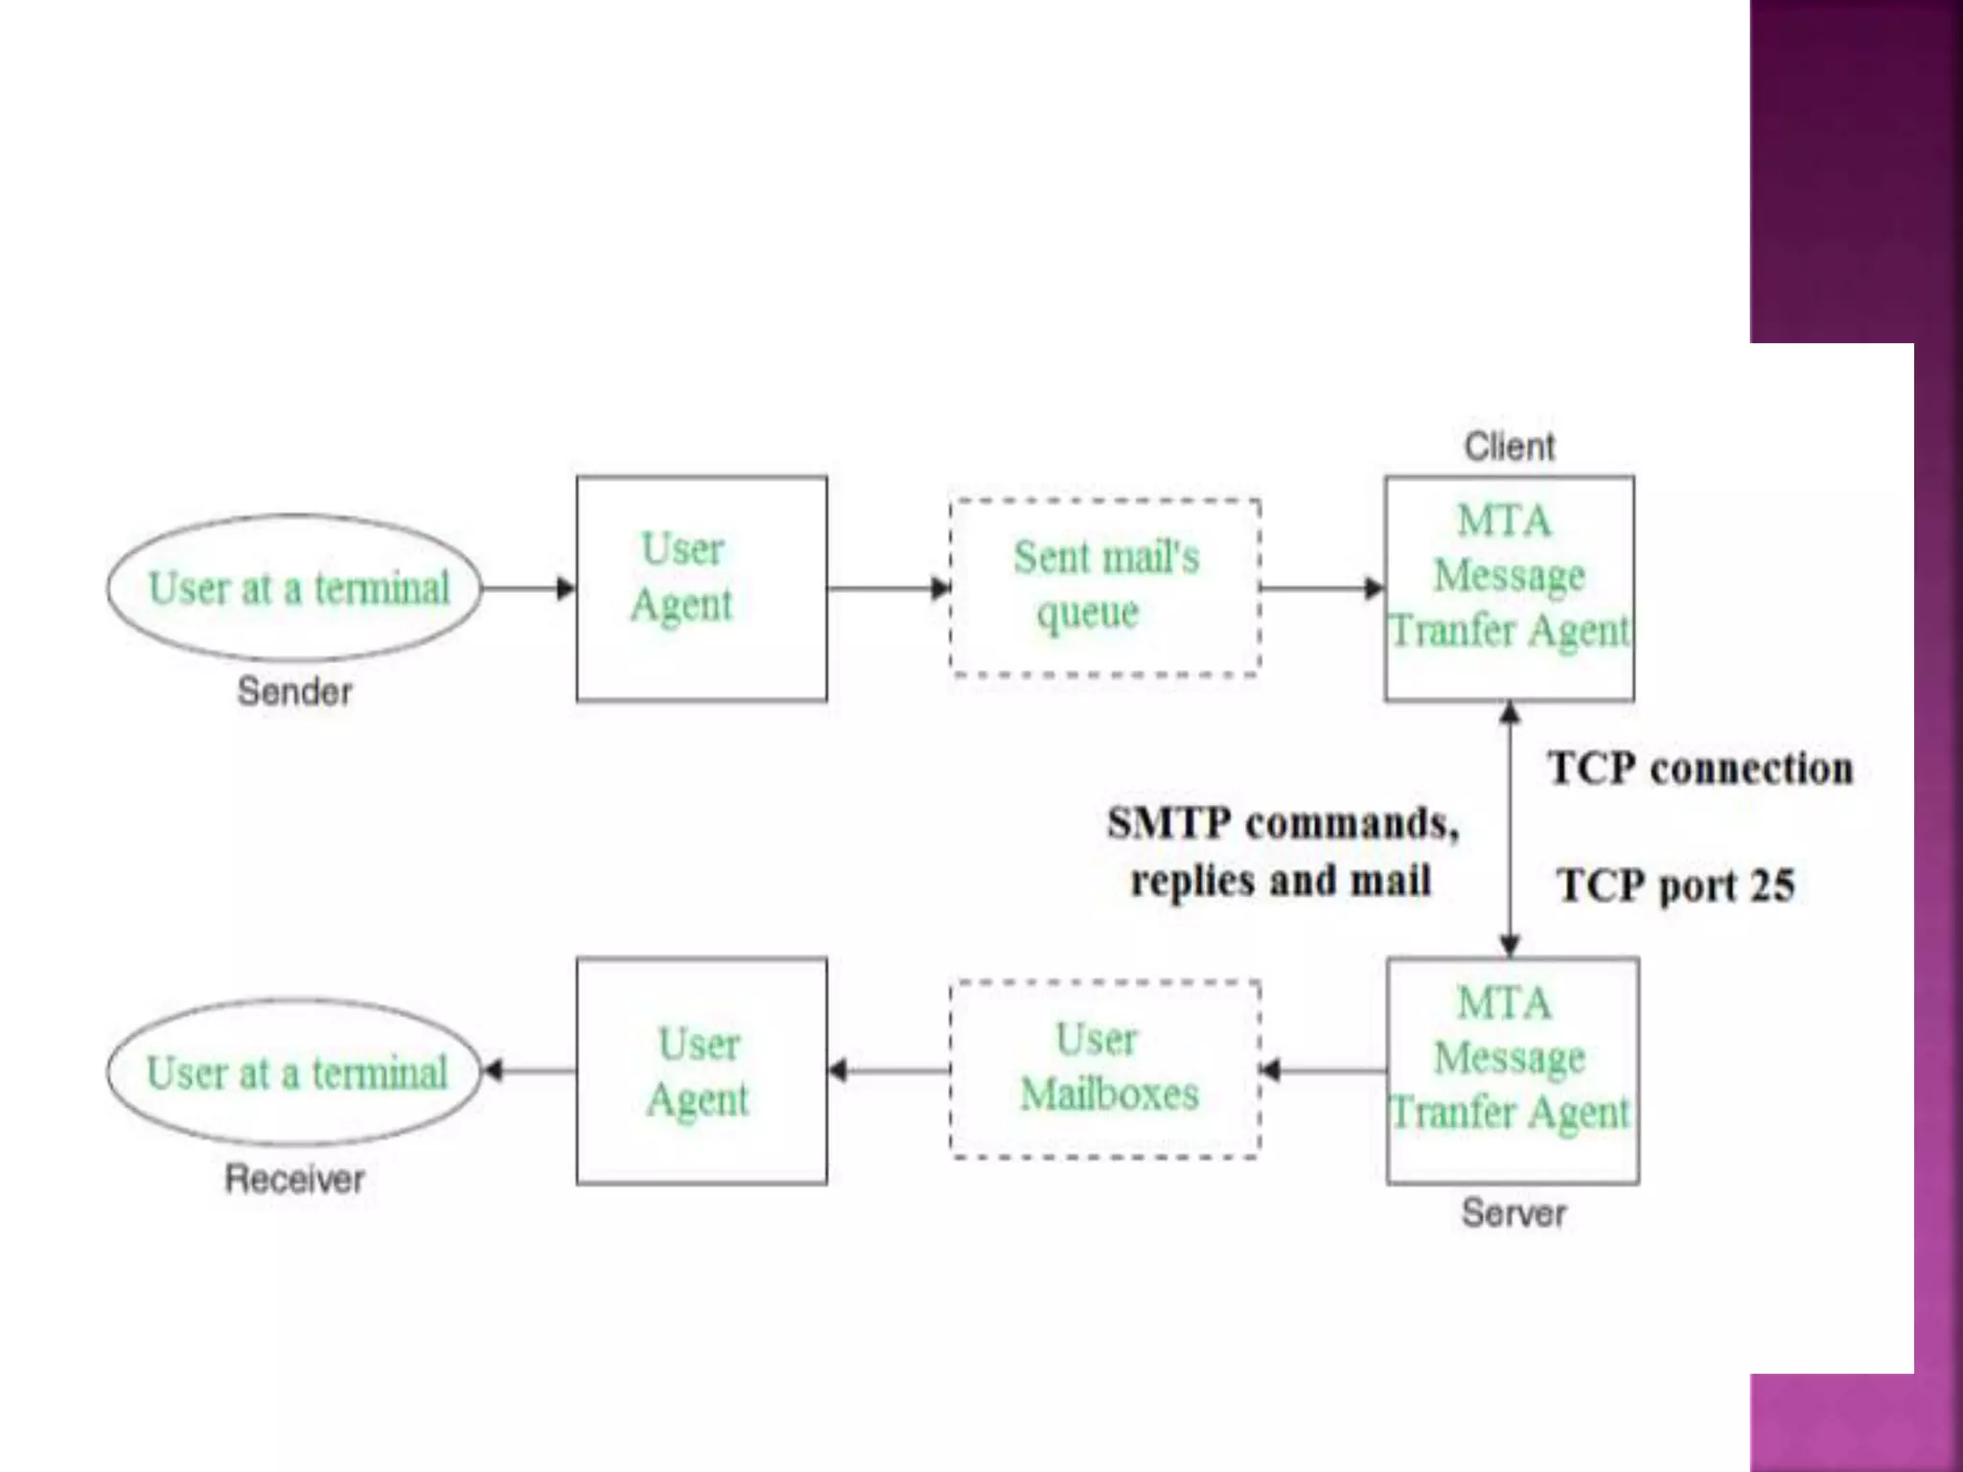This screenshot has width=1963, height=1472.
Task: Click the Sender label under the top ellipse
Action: (294, 691)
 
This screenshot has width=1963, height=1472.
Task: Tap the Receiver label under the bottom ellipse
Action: (294, 1179)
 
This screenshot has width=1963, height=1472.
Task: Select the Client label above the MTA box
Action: (1509, 447)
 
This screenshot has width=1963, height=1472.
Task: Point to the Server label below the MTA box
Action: (1513, 1213)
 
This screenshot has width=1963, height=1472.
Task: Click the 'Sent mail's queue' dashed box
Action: (1104, 586)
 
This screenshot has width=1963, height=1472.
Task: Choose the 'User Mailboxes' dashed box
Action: (1104, 1069)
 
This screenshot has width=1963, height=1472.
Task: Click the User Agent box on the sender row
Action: (701, 587)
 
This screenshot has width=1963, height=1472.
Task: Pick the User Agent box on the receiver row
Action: (701, 1070)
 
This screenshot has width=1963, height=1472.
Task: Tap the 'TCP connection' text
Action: (1699, 769)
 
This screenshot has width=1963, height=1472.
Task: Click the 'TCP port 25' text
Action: (1674, 885)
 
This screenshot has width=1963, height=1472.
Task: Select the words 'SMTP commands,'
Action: (1282, 823)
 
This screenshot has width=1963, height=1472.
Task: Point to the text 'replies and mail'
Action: (1281, 881)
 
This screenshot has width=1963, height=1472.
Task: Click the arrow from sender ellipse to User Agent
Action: (528, 587)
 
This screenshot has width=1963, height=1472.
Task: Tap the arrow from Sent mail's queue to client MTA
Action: (1322, 587)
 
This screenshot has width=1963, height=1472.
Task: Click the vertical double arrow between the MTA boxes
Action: (1510, 829)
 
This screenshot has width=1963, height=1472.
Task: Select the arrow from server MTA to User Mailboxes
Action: (1323, 1069)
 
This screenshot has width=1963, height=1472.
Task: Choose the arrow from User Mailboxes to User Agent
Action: (889, 1069)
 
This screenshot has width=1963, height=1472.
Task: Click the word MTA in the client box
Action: (1503, 521)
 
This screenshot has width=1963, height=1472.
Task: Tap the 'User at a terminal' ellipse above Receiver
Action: (295, 1071)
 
